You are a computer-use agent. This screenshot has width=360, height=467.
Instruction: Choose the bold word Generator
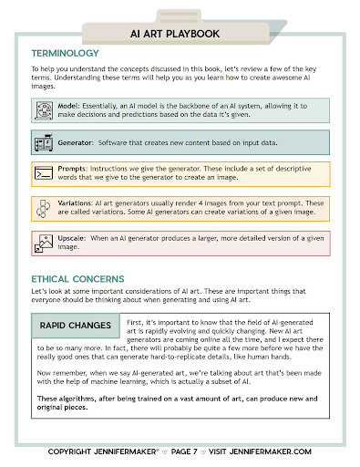pyautogui.click(x=78, y=143)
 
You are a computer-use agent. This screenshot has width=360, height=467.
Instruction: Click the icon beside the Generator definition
pyautogui.click(x=43, y=143)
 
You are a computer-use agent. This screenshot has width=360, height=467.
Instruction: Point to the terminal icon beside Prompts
pyautogui.click(x=43, y=173)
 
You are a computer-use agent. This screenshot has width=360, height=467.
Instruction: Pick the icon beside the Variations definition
pyautogui.click(x=43, y=208)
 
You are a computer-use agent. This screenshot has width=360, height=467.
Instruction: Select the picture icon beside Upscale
pyautogui.click(x=43, y=242)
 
